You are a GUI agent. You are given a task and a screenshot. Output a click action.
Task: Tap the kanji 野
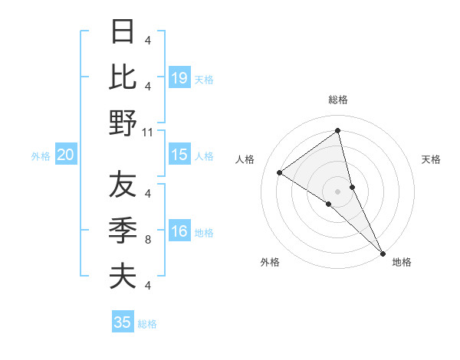123,123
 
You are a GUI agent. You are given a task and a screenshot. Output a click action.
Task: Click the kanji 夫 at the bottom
123,276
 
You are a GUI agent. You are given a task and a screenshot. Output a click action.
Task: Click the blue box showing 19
179,77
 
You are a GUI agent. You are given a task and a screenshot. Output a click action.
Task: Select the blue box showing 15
179,155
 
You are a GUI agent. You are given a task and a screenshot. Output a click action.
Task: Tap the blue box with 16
179,232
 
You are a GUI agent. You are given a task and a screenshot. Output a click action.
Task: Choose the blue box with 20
65,155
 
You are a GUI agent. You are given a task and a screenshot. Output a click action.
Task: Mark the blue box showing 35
123,322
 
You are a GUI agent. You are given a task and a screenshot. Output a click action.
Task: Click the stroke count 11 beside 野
148,133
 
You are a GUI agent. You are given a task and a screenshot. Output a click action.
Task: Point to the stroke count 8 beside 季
148,239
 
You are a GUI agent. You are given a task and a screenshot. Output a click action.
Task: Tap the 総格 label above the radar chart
338,100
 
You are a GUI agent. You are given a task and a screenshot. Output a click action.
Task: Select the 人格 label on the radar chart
246,159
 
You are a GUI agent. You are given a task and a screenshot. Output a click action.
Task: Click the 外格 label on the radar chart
269,262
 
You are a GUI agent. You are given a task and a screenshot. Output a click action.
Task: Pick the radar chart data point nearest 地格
383,252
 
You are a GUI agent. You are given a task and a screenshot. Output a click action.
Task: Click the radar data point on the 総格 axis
338,130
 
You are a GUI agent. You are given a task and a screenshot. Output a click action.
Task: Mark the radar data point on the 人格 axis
280,172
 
